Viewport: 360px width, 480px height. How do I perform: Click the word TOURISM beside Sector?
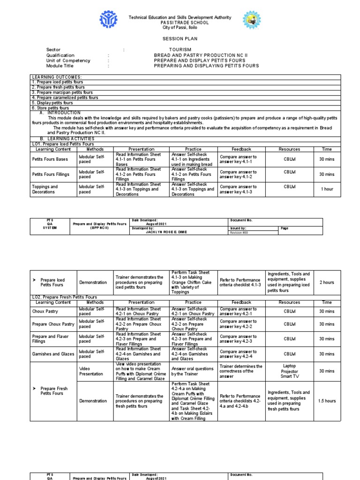point(180,50)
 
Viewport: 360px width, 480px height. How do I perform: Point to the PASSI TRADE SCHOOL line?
point(180,22)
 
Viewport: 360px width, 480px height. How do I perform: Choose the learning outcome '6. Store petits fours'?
point(50,108)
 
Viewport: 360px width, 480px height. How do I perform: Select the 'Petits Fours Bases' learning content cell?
point(50,159)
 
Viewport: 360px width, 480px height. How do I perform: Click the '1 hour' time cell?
point(327,189)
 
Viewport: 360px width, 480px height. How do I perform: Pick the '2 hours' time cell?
point(327,283)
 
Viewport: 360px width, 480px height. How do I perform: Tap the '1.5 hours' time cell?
point(327,401)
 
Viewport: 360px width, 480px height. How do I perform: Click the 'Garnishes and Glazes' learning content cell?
point(53,354)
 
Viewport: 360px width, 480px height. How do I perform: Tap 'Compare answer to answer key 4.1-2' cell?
point(238,174)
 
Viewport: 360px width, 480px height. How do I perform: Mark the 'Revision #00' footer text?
point(239,232)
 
